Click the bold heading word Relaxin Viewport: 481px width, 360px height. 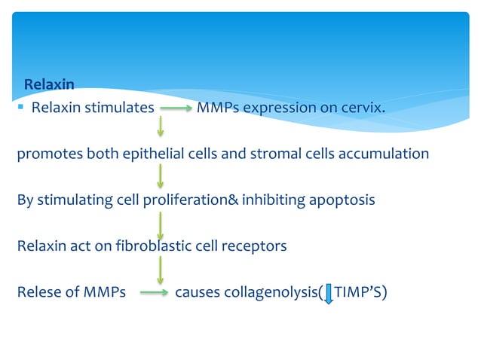pos(49,83)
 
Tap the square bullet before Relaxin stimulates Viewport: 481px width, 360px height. pos(23,108)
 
